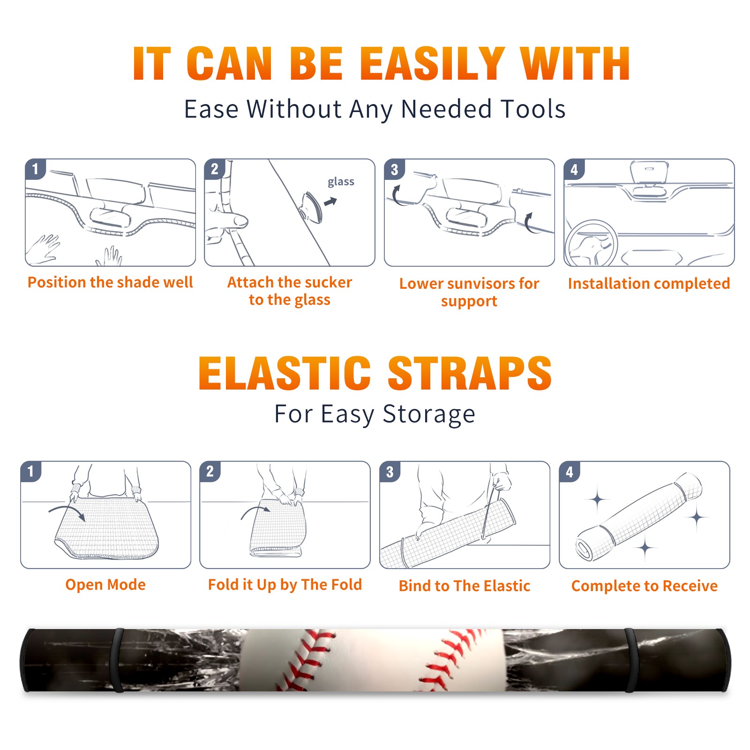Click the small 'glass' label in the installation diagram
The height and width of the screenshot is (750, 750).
[x=341, y=182]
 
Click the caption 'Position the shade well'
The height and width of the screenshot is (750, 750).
[x=110, y=282]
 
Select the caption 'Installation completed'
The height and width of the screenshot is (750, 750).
[x=649, y=283]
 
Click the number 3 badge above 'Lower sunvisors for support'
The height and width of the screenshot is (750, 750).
[x=394, y=169]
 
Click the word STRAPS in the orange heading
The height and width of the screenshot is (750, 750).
[x=470, y=373]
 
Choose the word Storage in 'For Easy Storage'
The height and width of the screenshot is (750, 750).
[x=429, y=414]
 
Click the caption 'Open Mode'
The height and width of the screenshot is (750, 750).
[x=105, y=585]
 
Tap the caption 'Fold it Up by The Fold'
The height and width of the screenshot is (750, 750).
[x=285, y=585]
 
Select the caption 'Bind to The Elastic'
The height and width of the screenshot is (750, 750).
[x=465, y=586]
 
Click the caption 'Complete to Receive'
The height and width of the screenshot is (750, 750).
[x=645, y=586]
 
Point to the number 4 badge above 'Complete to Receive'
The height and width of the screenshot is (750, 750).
[x=570, y=472]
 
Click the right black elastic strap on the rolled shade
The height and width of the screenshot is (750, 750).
[x=632, y=660]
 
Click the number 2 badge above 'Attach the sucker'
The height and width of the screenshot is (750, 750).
[x=214, y=169]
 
